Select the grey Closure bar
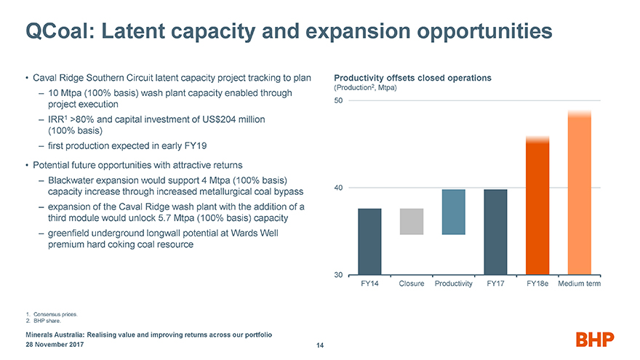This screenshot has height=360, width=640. click(x=412, y=222)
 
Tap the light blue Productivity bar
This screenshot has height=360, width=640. click(x=454, y=212)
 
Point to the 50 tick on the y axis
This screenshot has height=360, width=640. click(x=339, y=100)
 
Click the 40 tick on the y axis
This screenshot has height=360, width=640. click(x=339, y=188)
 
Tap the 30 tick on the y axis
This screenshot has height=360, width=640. click(x=339, y=275)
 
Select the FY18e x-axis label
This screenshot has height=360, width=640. click(x=537, y=283)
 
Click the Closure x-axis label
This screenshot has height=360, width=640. click(x=412, y=283)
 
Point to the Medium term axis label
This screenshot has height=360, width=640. click(x=580, y=283)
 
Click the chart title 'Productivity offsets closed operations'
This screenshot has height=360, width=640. click(x=412, y=78)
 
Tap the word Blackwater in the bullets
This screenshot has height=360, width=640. click(x=72, y=180)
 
